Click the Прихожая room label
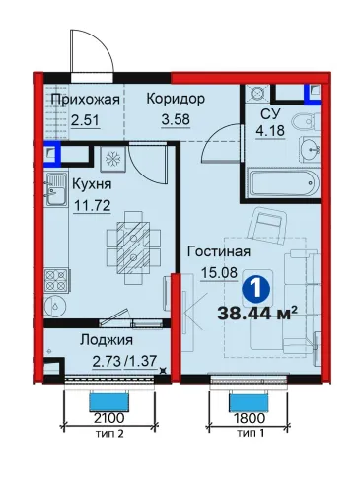click(x=85, y=100)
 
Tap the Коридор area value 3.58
click(x=176, y=118)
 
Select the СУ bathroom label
click(x=270, y=114)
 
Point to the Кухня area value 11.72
click(x=92, y=206)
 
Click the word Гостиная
click(x=219, y=251)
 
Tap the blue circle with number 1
click(x=256, y=289)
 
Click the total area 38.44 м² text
click(x=254, y=314)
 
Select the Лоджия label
click(x=107, y=340)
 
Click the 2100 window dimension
click(x=108, y=418)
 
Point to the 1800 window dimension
click(x=249, y=418)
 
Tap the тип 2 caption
click(x=109, y=434)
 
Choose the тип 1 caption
click(x=251, y=434)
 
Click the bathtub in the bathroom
click(x=284, y=182)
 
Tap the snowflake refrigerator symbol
click(x=114, y=159)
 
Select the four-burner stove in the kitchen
click(x=56, y=280)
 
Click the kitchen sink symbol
click(x=56, y=189)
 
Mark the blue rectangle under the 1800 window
click(x=249, y=402)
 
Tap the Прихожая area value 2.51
click(x=85, y=120)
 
